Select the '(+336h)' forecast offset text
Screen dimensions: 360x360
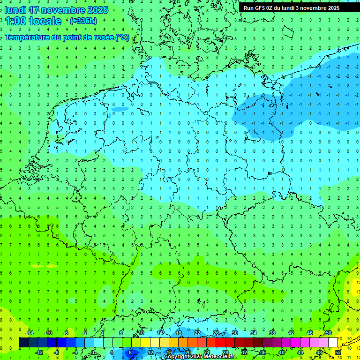[83, 21]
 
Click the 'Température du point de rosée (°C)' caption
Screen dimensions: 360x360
[67, 37]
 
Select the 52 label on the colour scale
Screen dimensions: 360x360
[337, 352]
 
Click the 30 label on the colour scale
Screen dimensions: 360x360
[234, 333]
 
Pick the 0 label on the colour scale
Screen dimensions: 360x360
[93, 352]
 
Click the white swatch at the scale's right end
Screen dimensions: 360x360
[333, 343]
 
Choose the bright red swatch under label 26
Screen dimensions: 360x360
[220, 343]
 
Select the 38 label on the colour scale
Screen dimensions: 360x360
[272, 333]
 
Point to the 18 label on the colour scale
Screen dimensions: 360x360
[179, 333]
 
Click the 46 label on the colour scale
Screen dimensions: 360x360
[309, 333]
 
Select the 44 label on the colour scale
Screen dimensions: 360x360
[300, 352]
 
